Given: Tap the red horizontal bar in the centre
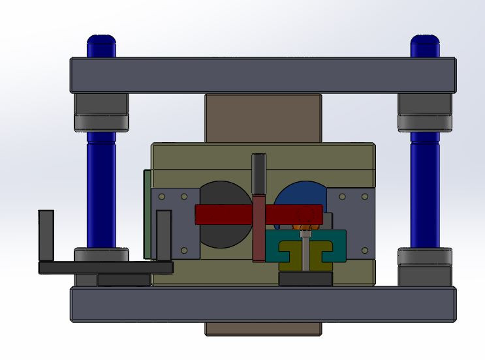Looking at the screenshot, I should pyautogui.click(x=222, y=215).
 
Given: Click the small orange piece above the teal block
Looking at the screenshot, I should pyautogui.click(x=305, y=233).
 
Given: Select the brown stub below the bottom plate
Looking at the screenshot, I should pyautogui.click(x=262, y=329).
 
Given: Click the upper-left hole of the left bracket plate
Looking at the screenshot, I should pyautogui.click(x=162, y=196).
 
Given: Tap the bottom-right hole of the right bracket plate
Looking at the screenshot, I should pyautogui.click(x=364, y=250).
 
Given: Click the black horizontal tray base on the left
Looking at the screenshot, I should pyautogui.click(x=104, y=267).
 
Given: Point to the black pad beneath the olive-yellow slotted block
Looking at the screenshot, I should pyautogui.click(x=305, y=279).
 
